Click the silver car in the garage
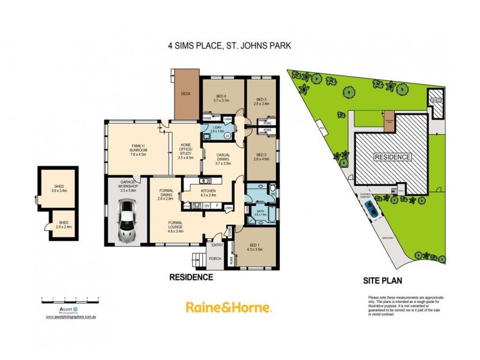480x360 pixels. point(127,221)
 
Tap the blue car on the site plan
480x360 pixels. point(371,208)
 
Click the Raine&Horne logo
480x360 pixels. point(229,307)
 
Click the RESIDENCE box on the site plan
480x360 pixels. point(393,157)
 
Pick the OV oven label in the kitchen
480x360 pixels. point(207,206)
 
